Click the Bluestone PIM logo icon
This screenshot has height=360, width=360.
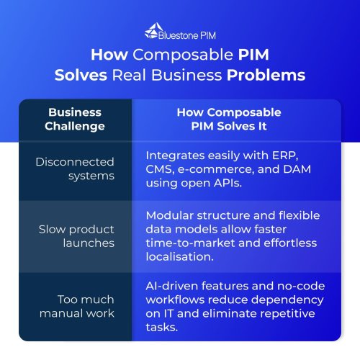click(151, 31)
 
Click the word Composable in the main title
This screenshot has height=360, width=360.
click(183, 55)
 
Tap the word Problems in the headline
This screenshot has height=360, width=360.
click(266, 75)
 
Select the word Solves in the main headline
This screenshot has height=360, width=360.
click(81, 75)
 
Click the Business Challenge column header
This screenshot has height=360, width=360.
click(75, 120)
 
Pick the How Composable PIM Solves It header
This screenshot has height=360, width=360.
click(229, 120)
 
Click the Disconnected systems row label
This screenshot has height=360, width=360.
click(75, 169)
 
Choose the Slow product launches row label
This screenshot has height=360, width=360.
click(76, 236)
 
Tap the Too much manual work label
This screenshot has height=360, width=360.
click(77, 306)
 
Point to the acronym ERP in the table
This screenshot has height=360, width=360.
click(285, 156)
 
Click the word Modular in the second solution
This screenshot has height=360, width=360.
click(170, 215)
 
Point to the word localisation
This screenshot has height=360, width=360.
click(180, 257)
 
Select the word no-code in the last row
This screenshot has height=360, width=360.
click(301, 286)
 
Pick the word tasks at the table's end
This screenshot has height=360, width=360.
click(162, 328)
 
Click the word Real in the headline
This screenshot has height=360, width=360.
click(129, 75)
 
